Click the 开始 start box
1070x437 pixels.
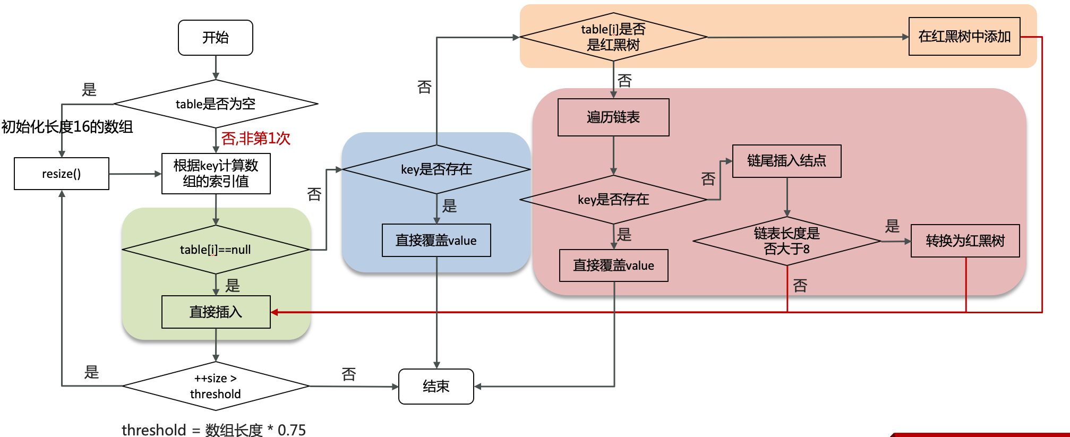[x=215, y=38]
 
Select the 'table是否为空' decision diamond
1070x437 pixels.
[x=215, y=104]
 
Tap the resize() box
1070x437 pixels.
[x=62, y=174]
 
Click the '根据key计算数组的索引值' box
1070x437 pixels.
[x=216, y=174]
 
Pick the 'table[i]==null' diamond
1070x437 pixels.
[x=215, y=250]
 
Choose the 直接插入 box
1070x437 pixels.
[x=216, y=312]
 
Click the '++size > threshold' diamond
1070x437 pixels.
[x=215, y=386]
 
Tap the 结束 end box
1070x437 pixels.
[x=436, y=387]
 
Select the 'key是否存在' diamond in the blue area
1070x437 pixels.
[x=436, y=169]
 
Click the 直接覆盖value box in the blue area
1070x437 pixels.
[x=436, y=241]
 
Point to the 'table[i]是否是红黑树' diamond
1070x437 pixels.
[x=613, y=37]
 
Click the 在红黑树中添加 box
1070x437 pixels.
[x=964, y=37]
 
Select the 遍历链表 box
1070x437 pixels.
[x=613, y=117]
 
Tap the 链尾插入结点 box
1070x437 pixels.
[x=786, y=161]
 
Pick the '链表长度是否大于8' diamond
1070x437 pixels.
[x=786, y=241]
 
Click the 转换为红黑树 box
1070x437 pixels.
[x=965, y=241]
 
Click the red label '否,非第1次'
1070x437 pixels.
[x=256, y=139]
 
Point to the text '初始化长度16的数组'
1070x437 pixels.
[x=67, y=127]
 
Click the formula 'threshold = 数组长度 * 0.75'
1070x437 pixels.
[x=213, y=430]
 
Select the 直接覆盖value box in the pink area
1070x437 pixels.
[x=613, y=265]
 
